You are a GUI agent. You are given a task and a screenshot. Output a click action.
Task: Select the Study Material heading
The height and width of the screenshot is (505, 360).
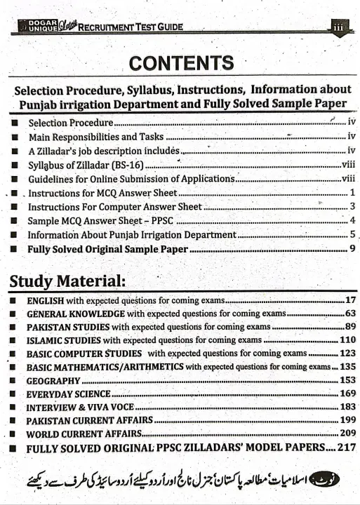tap(67, 282)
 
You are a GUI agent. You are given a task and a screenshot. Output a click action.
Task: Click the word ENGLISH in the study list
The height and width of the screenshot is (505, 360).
tap(47, 301)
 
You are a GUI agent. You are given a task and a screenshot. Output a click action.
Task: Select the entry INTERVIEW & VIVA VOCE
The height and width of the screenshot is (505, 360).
tap(79, 407)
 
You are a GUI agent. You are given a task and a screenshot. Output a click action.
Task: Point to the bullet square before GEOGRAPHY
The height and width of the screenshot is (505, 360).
tap(13, 380)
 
